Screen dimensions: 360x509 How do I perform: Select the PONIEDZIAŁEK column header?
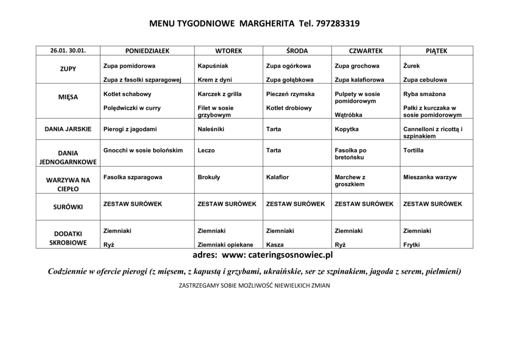click(x=147, y=51)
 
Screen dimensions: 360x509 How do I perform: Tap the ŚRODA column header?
click(x=297, y=51)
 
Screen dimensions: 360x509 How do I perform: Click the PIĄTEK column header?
click(x=436, y=51)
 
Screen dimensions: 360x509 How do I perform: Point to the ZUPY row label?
click(x=68, y=69)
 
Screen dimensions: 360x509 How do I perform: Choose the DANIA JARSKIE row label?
click(x=68, y=129)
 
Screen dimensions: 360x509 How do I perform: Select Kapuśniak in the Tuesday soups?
click(x=213, y=66)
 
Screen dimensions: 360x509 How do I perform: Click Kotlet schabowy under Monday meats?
click(x=127, y=94)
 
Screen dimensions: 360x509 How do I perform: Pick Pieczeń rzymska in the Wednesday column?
click(x=290, y=94)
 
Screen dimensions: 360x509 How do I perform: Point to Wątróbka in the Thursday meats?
click(x=349, y=115)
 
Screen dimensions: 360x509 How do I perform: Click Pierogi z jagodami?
click(x=130, y=129)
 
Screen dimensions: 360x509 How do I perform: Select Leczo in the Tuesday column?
click(x=206, y=151)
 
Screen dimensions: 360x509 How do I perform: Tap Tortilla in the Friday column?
click(x=413, y=151)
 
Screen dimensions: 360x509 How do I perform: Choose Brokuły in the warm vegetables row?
click(x=209, y=177)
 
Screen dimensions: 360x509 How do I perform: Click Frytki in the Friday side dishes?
click(x=411, y=244)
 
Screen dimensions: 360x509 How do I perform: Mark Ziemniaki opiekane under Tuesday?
click(x=225, y=244)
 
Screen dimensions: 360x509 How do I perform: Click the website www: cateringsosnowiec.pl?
click(x=277, y=254)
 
